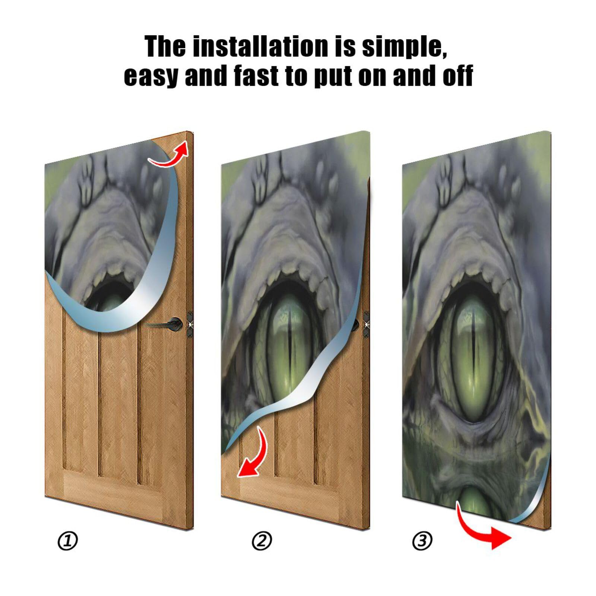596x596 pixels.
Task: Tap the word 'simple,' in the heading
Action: point(405,47)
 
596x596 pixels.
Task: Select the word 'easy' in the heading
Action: point(150,76)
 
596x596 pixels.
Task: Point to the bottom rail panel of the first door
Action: point(112,488)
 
